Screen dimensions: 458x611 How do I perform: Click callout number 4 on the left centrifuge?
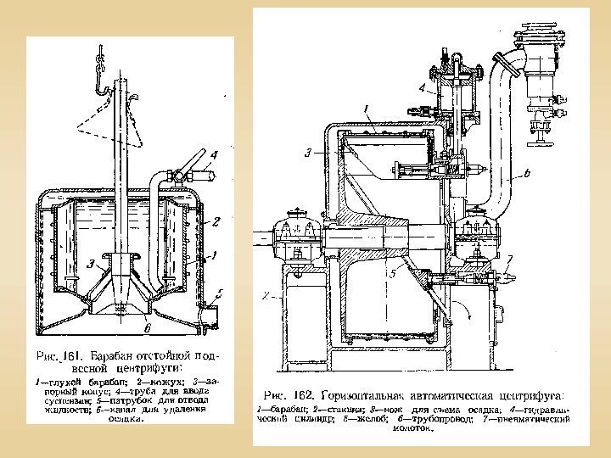click(214, 155)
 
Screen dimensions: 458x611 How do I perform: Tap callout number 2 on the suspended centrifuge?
click(216, 222)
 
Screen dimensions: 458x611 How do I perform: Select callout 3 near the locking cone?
click(91, 264)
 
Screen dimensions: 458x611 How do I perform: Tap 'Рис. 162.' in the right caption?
click(288, 396)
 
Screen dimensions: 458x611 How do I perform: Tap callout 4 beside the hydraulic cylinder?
click(422, 87)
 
